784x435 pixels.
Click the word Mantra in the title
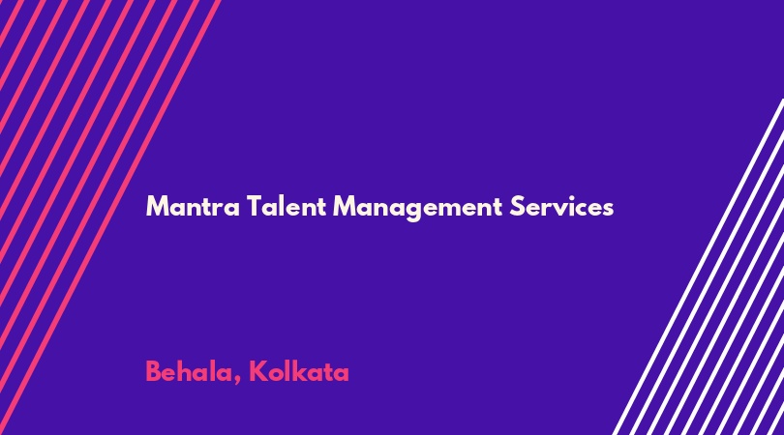coord(193,207)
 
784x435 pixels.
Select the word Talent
coord(286,206)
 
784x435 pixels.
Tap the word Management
coord(417,208)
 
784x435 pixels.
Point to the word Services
coord(561,206)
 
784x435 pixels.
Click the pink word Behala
coord(190,372)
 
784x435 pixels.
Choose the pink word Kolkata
coord(299,371)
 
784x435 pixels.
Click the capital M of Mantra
coord(156,207)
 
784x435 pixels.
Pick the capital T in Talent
coord(255,207)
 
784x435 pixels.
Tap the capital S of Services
coord(517,207)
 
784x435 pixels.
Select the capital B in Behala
coord(153,372)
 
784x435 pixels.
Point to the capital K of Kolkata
coord(257,372)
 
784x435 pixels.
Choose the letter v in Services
coord(562,209)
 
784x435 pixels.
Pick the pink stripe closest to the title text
coord(110,217)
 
